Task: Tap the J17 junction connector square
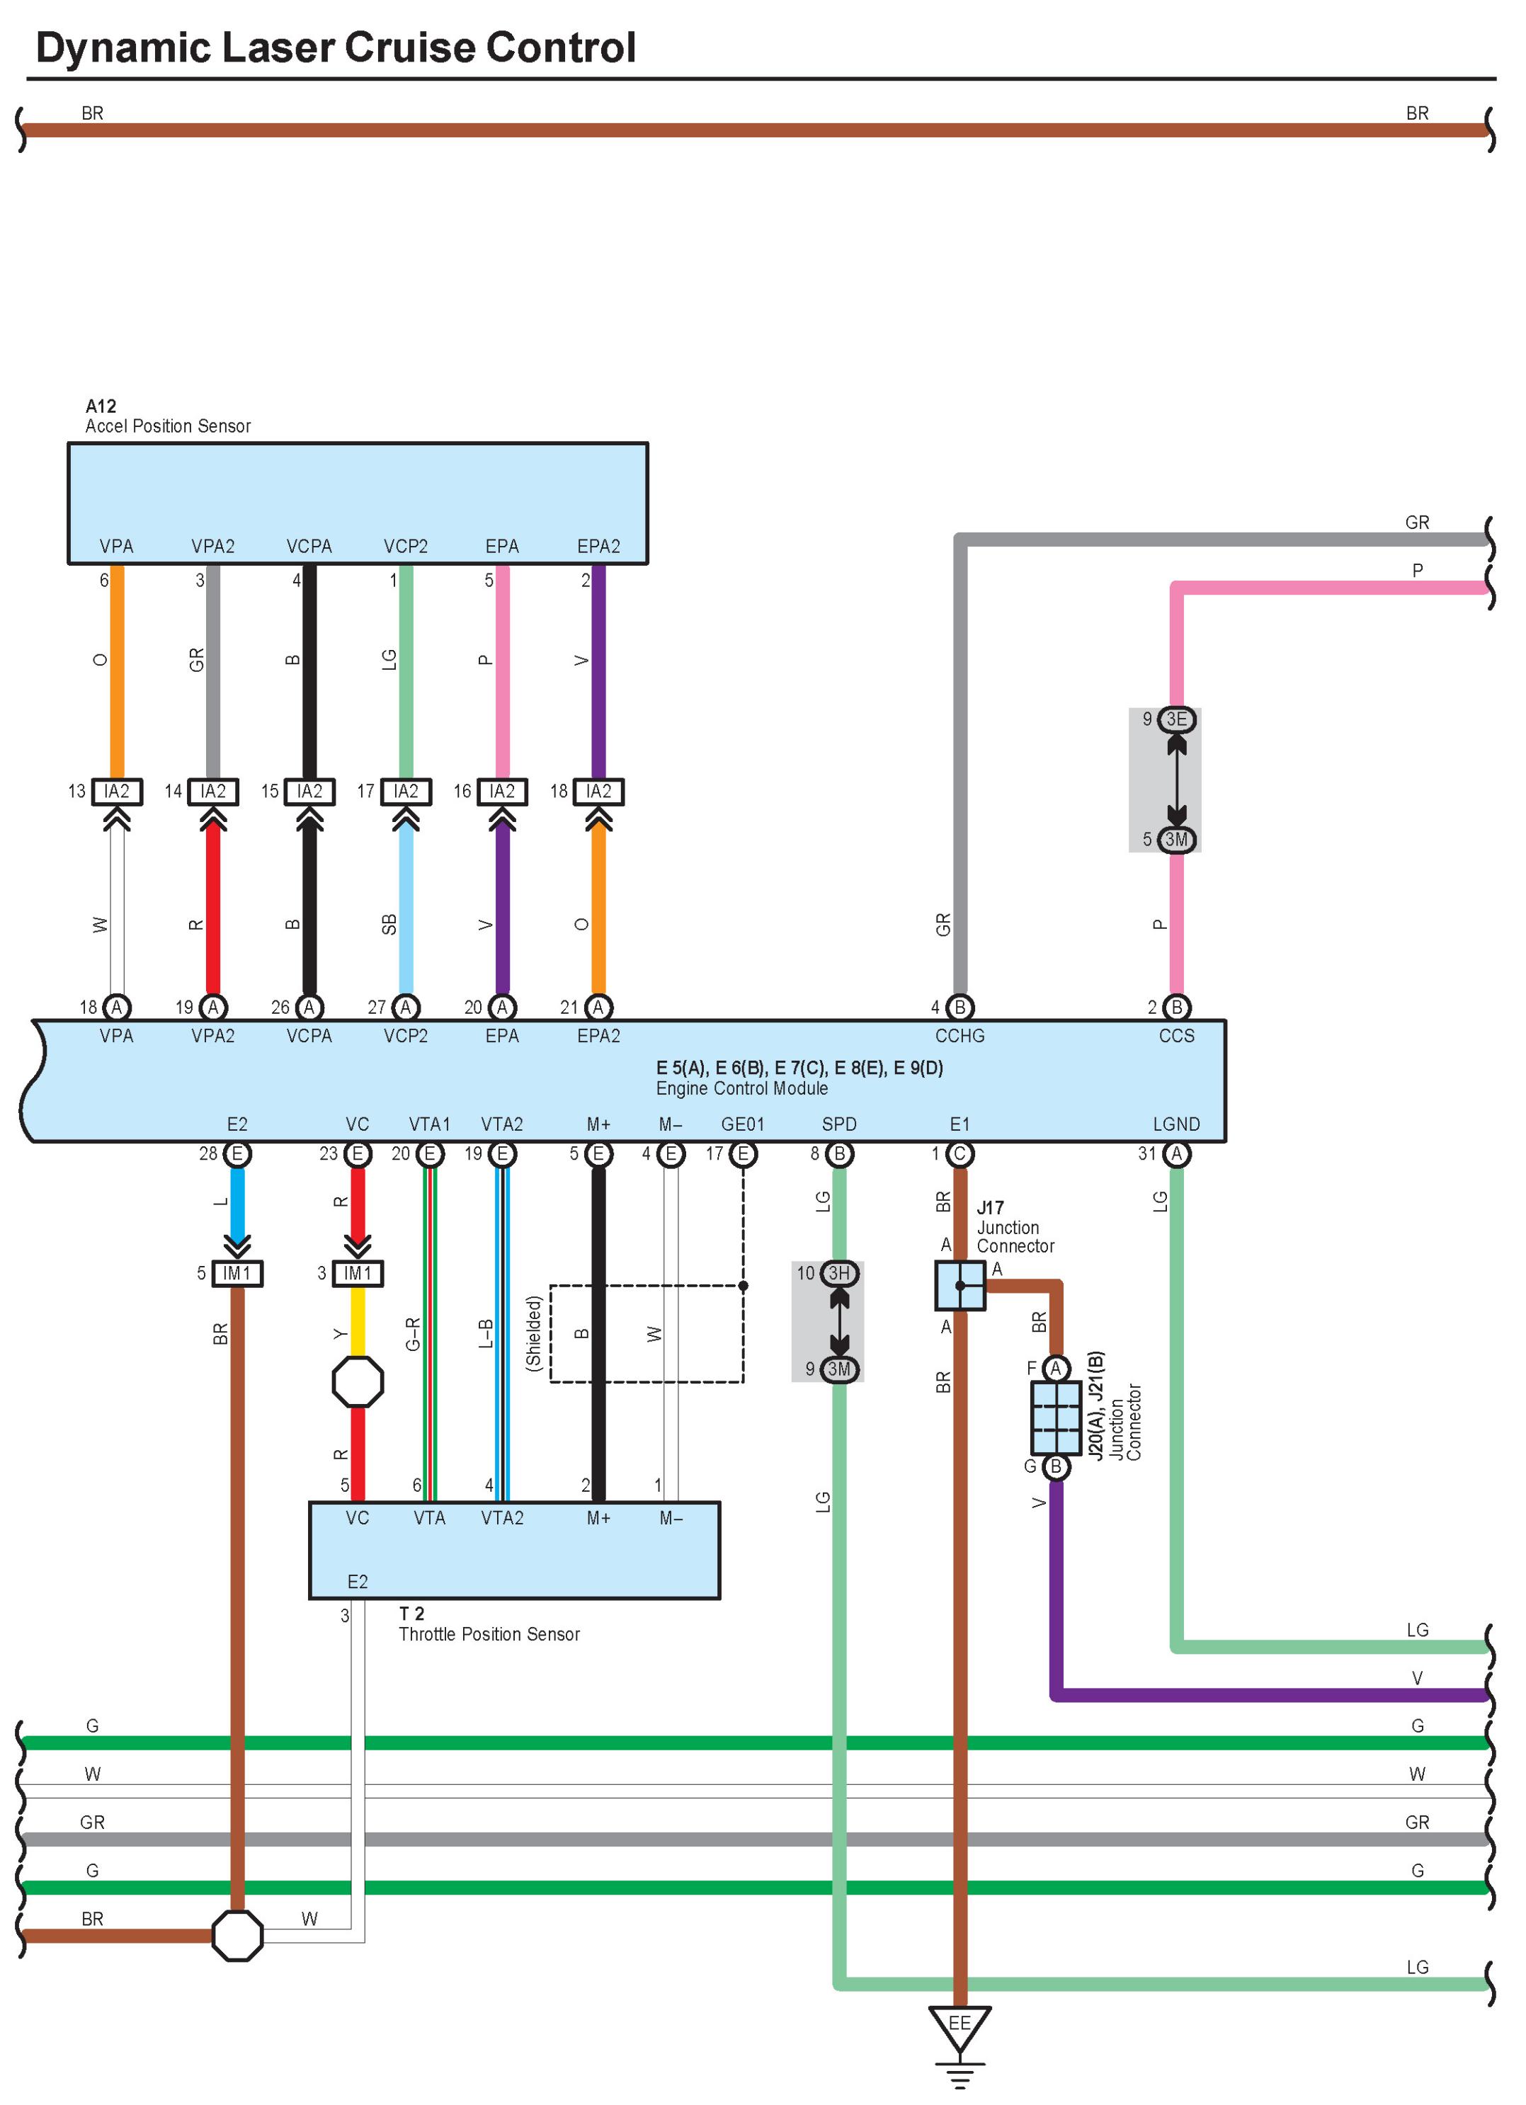click(x=960, y=1286)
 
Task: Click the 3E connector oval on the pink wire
click(x=1176, y=719)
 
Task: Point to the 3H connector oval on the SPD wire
click(x=839, y=1273)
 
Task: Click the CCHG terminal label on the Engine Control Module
click(x=960, y=1036)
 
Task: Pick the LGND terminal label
click(x=1176, y=1124)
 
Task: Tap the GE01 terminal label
click(x=743, y=1124)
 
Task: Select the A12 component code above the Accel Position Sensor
click(x=101, y=406)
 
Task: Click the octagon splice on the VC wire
click(x=358, y=1382)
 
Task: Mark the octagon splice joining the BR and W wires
click(x=238, y=1935)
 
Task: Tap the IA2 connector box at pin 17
click(x=406, y=792)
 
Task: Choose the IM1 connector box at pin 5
click(x=238, y=1273)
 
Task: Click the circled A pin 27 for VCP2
click(x=406, y=1007)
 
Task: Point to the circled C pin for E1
click(x=960, y=1153)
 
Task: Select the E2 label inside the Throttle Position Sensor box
click(x=358, y=1582)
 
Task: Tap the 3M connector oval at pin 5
click(x=1176, y=840)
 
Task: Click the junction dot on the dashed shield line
click(x=743, y=1286)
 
